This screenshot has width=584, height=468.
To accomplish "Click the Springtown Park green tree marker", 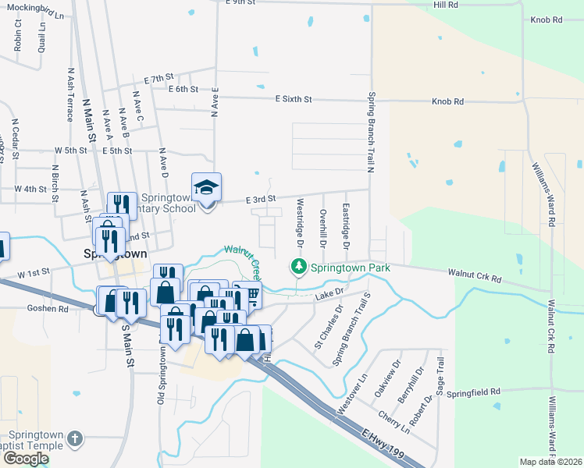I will coord(297,267).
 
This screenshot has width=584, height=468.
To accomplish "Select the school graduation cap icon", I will coord(207,187).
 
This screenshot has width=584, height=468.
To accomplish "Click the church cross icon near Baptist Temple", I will coord(75,439).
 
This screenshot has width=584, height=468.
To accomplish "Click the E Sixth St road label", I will coord(294,100).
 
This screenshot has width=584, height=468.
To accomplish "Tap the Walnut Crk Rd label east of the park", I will coord(475,274).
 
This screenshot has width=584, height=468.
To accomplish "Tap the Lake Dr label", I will coord(329,293).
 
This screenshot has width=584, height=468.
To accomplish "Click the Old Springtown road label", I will coord(161,374).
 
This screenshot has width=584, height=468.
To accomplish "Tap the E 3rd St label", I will coord(262,200).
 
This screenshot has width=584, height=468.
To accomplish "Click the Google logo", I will coord(25,458).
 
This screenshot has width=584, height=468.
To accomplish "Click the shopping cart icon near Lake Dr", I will coord(252,295).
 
